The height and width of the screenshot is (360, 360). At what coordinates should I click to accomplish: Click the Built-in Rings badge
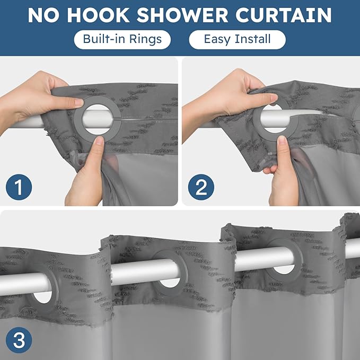click(x=122, y=40)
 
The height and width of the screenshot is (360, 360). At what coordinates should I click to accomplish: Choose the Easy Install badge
click(x=237, y=40)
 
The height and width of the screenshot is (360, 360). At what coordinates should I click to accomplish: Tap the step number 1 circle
click(x=19, y=188)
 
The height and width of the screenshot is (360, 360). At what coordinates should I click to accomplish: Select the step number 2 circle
click(x=201, y=188)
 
